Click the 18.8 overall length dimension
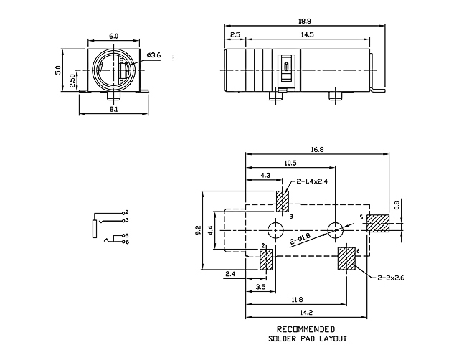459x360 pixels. point(304,22)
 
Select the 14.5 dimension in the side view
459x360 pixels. point(307,35)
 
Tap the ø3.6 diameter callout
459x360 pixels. point(154,55)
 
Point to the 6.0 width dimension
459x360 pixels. point(113,37)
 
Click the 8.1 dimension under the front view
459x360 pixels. point(113,109)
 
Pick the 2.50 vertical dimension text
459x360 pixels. point(72,80)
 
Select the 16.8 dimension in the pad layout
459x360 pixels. point(317,150)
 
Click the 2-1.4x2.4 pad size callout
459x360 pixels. point(312,181)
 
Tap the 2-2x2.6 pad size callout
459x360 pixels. point(391,278)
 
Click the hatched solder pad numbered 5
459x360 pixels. point(378,223)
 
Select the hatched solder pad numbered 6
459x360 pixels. point(346,259)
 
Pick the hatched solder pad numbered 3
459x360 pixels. point(283,202)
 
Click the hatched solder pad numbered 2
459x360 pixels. point(266,260)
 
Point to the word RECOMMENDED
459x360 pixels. point(306,330)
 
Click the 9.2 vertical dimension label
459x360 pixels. point(198,230)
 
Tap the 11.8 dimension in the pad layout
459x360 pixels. point(297,300)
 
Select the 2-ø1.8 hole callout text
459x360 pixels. point(301,239)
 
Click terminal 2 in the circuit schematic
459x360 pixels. point(124,213)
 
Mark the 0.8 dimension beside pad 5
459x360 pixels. point(397,205)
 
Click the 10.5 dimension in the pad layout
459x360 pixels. point(290,163)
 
